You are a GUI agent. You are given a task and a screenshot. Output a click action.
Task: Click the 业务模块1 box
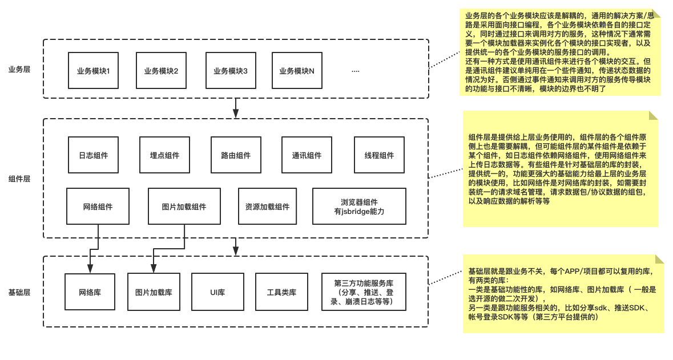(93, 71)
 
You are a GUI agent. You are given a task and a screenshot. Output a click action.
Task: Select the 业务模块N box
(297, 71)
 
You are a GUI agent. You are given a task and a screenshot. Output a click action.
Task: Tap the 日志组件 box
(93, 155)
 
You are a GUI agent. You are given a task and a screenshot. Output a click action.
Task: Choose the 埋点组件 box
(164, 155)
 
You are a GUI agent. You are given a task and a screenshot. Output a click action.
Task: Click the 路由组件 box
(236, 155)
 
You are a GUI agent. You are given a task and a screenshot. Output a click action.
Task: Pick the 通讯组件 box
(307, 155)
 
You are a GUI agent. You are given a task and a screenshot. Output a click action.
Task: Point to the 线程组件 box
(379, 155)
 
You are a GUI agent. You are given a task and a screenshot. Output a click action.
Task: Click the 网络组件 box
(98, 207)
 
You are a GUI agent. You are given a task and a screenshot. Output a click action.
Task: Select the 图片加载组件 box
(184, 207)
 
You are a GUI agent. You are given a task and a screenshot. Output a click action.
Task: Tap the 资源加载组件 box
(267, 207)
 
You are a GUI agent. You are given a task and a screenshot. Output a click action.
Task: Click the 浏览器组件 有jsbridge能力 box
(359, 207)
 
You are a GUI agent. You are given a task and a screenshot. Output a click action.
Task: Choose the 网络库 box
(90, 292)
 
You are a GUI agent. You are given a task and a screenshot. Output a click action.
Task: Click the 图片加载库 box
(154, 292)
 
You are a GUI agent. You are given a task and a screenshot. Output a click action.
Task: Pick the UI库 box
(217, 292)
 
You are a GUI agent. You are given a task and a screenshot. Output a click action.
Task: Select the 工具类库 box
(281, 292)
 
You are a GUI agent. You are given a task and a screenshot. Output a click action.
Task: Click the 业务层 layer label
(19, 69)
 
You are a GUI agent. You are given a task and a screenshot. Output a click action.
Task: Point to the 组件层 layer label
(19, 179)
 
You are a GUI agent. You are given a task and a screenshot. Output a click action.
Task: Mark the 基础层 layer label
(19, 292)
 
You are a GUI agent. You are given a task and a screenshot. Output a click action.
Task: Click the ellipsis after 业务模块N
(356, 71)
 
